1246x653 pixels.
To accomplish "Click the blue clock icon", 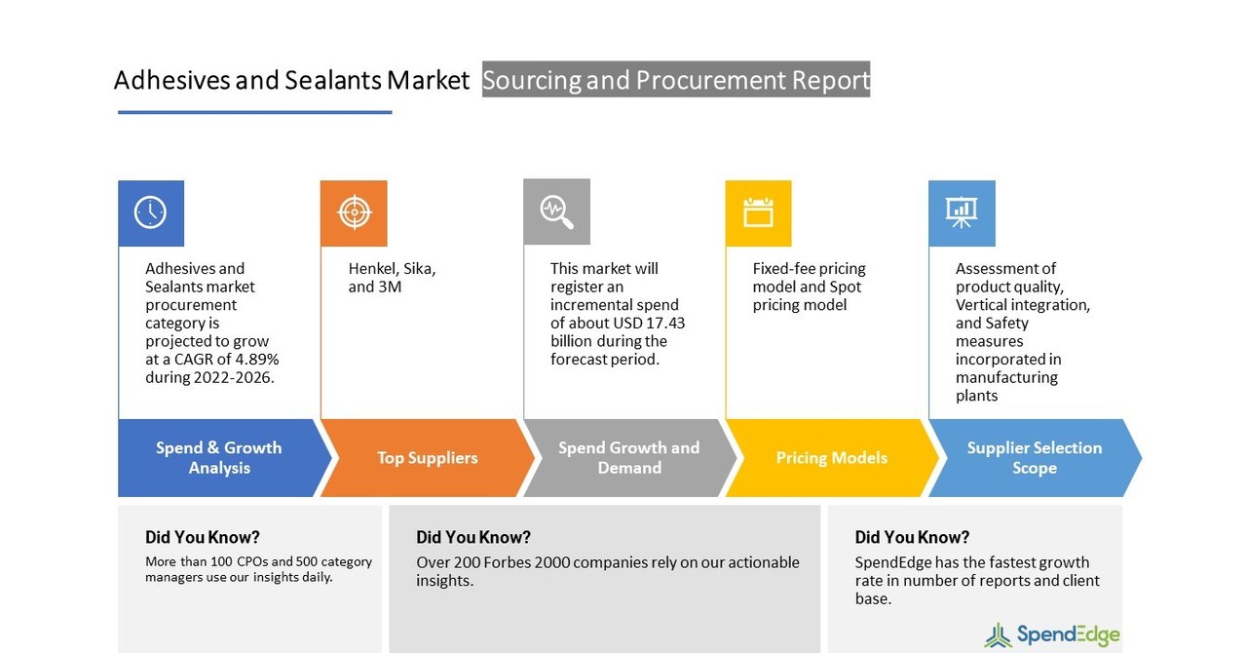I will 150,212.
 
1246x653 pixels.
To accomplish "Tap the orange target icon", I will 354,212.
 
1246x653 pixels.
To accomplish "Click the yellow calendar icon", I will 758,212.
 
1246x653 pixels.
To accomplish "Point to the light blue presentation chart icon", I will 962,212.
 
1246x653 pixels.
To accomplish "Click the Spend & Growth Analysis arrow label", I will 219,458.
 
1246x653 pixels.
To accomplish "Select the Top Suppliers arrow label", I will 427,458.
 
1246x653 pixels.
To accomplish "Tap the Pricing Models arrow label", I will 831,458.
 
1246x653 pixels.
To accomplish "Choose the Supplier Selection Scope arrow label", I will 1034,458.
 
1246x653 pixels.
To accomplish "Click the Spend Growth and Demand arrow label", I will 628,458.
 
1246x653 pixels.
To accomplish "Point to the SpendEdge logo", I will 1052,635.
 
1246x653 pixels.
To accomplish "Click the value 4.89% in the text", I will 258,360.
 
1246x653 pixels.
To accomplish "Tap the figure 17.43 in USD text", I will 664,324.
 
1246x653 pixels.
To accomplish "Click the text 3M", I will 390,288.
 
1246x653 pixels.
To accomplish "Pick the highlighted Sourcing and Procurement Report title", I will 676,80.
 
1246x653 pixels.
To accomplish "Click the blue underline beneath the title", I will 254,112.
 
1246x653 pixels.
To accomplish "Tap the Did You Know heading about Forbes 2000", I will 473,537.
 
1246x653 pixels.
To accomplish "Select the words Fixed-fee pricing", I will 809,269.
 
